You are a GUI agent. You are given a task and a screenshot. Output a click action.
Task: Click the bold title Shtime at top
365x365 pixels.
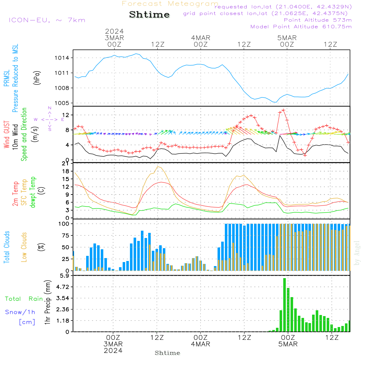click(149, 15)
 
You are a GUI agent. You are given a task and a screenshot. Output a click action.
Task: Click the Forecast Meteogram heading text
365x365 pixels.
click(170, 4)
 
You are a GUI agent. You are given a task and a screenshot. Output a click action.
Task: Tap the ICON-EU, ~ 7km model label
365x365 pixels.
click(47, 20)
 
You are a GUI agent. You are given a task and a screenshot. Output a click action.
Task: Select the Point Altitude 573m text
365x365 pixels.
click(318, 20)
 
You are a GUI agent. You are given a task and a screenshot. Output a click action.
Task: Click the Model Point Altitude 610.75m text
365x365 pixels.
click(301, 27)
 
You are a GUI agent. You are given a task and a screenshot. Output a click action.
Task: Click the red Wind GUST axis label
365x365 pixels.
click(7, 135)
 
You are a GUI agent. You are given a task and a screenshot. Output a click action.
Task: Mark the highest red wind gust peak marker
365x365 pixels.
click(284, 110)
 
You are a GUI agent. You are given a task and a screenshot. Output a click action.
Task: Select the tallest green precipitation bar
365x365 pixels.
click(284, 305)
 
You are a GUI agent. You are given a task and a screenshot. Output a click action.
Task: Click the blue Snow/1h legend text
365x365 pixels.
click(20, 312)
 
